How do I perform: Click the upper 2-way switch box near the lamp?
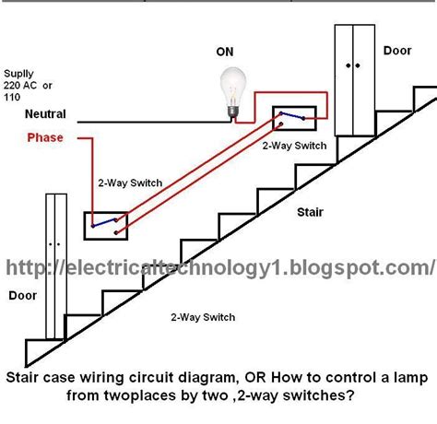click(294, 119)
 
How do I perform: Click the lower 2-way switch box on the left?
click(106, 221)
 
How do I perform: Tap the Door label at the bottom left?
click(22, 297)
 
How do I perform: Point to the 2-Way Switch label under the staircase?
click(203, 318)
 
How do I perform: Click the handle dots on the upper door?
click(354, 66)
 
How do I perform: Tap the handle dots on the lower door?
click(54, 245)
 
